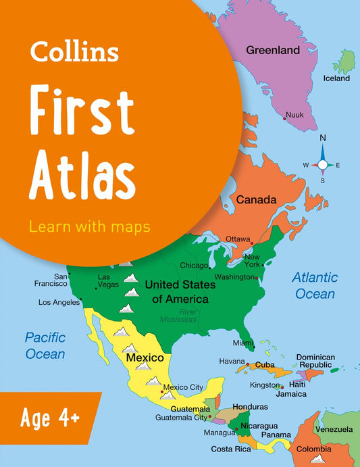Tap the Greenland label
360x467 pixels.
[x=272, y=50]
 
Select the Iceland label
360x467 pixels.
[x=336, y=78]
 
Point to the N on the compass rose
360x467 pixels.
[x=323, y=139]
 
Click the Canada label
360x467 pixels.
[x=256, y=200]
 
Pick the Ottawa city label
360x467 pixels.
[x=238, y=239]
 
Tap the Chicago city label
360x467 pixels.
[x=194, y=266]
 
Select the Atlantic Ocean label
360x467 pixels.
[x=314, y=285]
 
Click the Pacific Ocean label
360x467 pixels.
[x=45, y=345]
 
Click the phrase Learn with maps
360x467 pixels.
[x=89, y=226]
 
